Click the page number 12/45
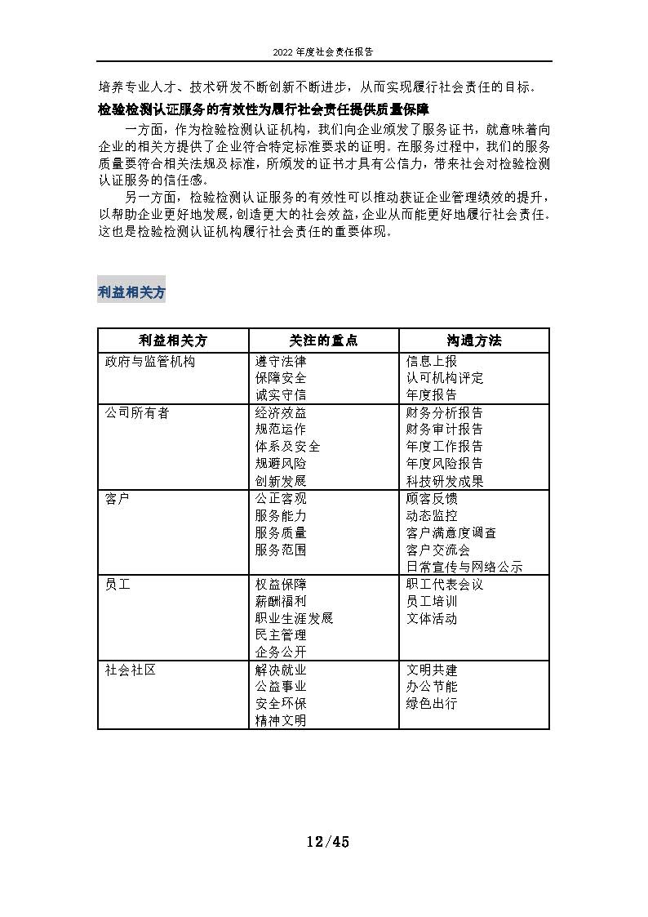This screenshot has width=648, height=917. point(327,842)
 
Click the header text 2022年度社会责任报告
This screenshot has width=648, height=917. point(324,51)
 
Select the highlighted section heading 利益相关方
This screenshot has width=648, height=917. point(131,292)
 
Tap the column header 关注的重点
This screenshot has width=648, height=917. point(323,341)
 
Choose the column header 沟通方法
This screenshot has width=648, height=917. point(474,341)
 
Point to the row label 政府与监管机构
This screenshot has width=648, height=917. point(150,361)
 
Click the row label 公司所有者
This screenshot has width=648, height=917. point(137,413)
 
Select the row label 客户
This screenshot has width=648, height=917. point(118,498)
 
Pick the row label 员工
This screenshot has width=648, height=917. point(118,585)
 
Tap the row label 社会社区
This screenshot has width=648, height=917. point(131,670)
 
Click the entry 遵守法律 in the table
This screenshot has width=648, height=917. point(281,361)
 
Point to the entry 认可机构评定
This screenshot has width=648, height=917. point(444,378)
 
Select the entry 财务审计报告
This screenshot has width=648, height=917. point(444,430)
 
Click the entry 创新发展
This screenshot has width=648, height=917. point(281,481)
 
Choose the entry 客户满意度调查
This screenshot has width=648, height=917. point(450,532)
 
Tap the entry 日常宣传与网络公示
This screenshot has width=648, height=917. point(464,567)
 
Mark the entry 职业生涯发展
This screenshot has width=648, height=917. point(294,618)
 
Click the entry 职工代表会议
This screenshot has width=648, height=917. point(444,585)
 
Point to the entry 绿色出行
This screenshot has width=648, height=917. point(431,703)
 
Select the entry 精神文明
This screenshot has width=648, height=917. point(281,720)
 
